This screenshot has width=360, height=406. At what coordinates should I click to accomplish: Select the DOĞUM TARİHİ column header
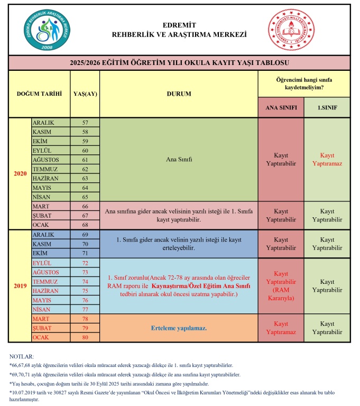pyautogui.click(x=40, y=94)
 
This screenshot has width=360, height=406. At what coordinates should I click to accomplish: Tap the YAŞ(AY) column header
pyautogui.click(x=85, y=94)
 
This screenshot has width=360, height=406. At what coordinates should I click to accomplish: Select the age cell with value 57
pyautogui.click(x=85, y=123)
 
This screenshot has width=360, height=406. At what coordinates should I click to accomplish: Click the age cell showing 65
pyautogui.click(x=85, y=196)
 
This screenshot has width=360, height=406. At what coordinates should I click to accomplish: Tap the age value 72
pyautogui.click(x=85, y=263)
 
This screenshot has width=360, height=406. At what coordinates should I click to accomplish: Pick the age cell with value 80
pyautogui.click(x=85, y=337)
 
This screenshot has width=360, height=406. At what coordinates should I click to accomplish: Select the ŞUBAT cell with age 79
pyautogui.click(x=50, y=328)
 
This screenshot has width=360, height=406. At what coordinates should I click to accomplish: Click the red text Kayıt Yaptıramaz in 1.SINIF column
pyautogui.click(x=327, y=160)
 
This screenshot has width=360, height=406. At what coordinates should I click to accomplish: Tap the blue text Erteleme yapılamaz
pyautogui.click(x=179, y=328)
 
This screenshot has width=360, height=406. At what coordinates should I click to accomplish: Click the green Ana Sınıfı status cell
pyautogui.click(x=179, y=159)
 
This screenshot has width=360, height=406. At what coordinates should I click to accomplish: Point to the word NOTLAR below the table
pyautogui.click(x=21, y=357)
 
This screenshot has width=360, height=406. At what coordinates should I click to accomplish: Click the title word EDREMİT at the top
pyautogui.click(x=179, y=25)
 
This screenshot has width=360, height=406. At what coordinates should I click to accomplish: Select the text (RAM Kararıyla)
pyautogui.click(x=281, y=294)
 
